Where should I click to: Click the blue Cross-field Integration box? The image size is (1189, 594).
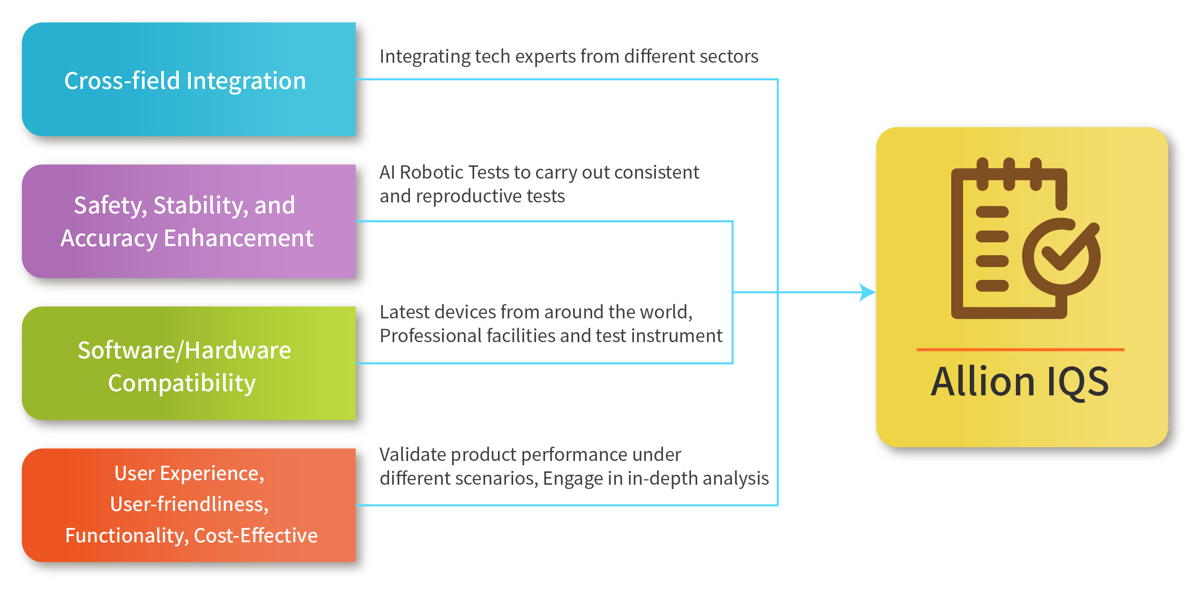coord(189,79)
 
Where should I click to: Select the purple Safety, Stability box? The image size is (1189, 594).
coord(189,221)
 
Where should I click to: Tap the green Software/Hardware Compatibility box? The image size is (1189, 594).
coord(189,364)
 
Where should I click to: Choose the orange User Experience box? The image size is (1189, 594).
coord(189,505)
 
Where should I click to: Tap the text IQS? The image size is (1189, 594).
coord(1077,383)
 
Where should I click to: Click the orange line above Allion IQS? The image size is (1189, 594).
coord(1020,350)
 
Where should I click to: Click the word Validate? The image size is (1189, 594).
coord(413,454)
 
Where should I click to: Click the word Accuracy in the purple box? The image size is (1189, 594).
coord(109,239)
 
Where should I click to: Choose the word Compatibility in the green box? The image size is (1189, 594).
coord(182,383)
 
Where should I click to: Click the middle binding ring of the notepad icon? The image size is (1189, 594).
coord(1009,174)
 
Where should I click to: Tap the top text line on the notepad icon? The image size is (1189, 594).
coord(992,212)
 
